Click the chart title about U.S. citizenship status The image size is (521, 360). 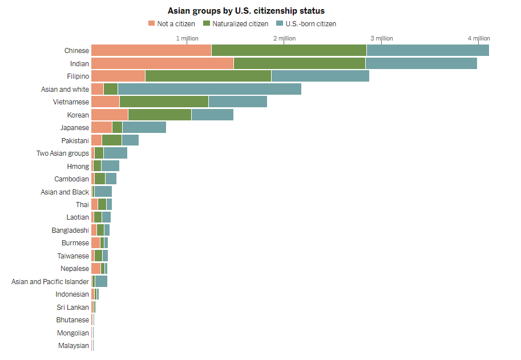click(x=246, y=11)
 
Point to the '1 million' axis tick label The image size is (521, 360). click(x=187, y=38)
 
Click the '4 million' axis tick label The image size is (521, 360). click(x=479, y=38)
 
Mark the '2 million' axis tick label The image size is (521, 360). click(x=284, y=38)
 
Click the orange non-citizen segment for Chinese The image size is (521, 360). click(x=151, y=50)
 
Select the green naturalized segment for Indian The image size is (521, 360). click(x=299, y=63)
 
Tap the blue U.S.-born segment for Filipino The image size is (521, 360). click(x=320, y=76)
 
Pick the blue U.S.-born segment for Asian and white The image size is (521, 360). click(x=209, y=89)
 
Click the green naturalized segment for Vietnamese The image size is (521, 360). click(x=164, y=102)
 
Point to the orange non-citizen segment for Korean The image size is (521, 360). click(x=110, y=115)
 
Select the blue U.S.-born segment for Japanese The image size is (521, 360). click(x=144, y=127)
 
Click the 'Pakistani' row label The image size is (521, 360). click(x=75, y=140)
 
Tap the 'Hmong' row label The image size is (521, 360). click(x=78, y=167)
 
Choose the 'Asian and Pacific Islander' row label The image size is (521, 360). click(x=50, y=282)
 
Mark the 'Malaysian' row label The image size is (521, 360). click(x=74, y=346)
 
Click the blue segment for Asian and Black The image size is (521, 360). click(x=103, y=192)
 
